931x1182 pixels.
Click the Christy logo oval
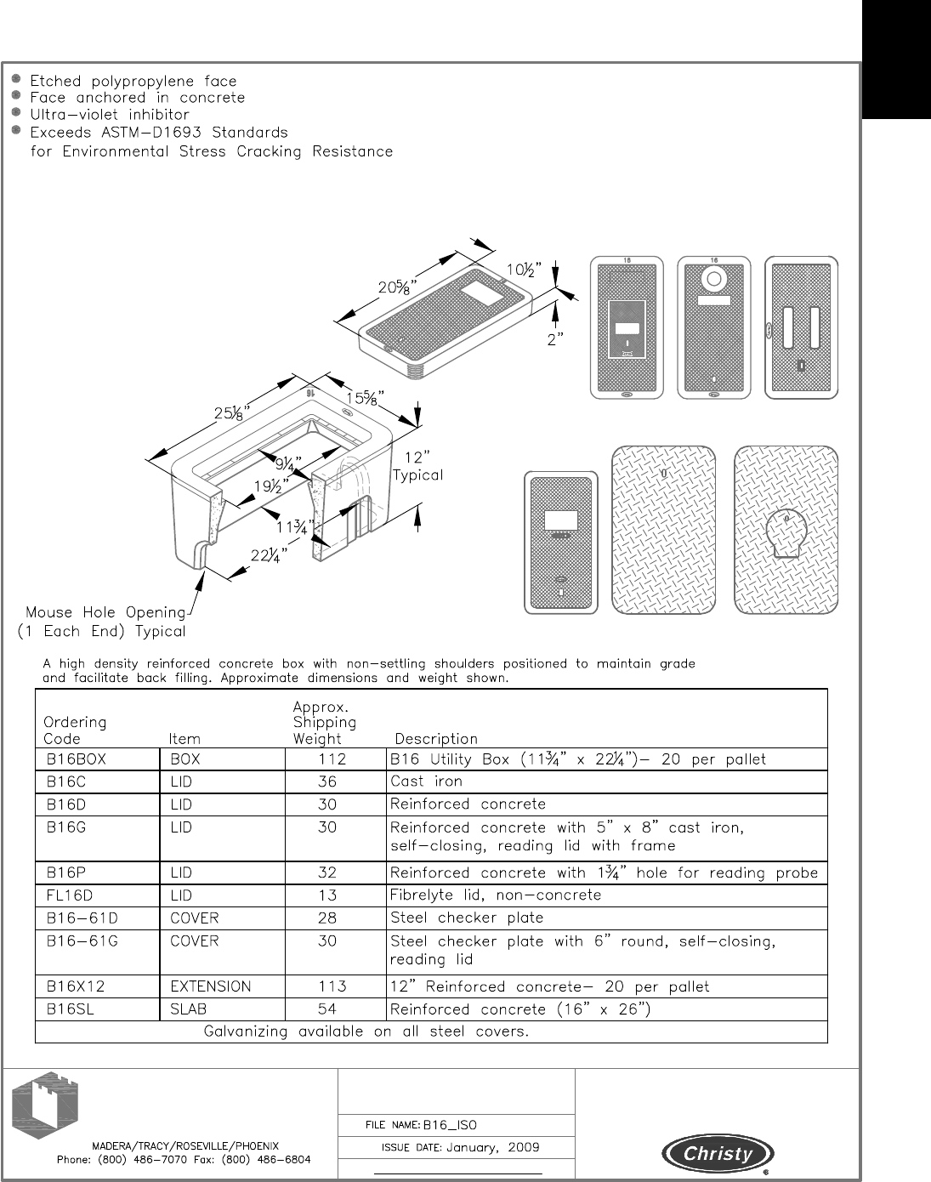click(718, 1154)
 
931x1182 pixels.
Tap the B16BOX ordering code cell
click(77, 759)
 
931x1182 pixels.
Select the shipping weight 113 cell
click(332, 986)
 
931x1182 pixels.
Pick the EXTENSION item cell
click(211, 986)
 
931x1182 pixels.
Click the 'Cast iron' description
click(426, 781)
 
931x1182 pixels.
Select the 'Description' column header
click(436, 739)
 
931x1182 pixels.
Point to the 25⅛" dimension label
click(231, 414)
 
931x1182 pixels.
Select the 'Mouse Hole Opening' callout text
click(105, 612)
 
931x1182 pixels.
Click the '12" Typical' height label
click(417, 466)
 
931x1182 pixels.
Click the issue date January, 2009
click(492, 1148)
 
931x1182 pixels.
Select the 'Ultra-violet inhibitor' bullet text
click(110, 115)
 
